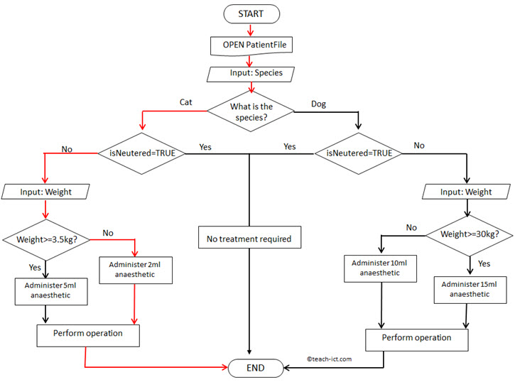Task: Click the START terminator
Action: [250, 13]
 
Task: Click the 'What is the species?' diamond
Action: [251, 111]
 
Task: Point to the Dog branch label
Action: [320, 104]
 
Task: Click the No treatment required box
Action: [250, 239]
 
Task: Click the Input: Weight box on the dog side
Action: [466, 192]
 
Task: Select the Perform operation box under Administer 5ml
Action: [87, 333]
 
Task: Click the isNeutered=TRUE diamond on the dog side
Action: [359, 152]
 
